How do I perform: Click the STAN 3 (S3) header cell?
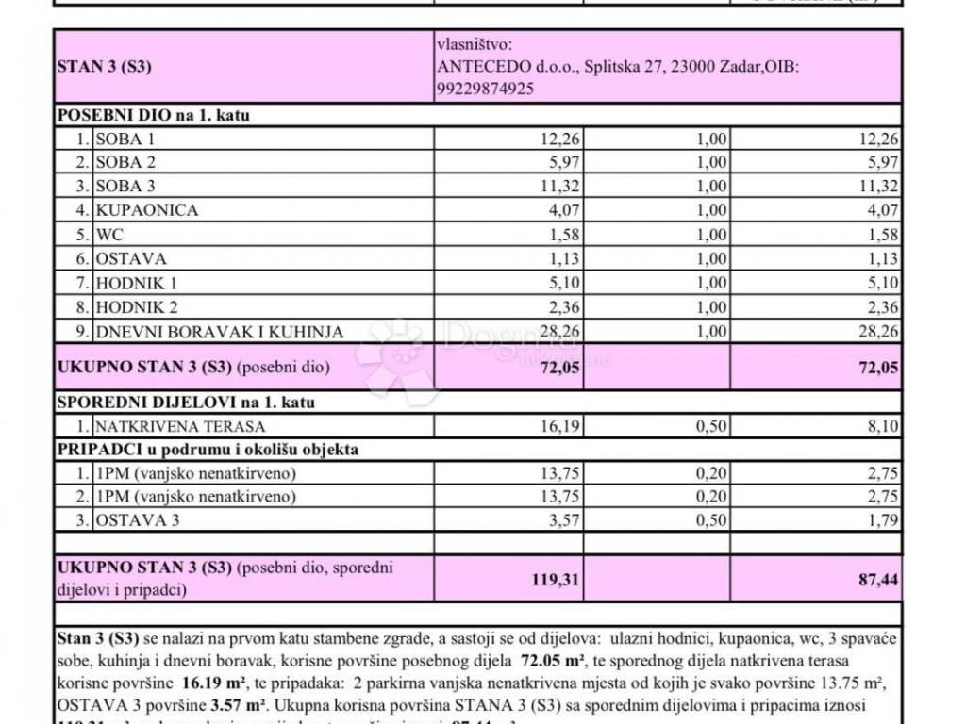(x=105, y=67)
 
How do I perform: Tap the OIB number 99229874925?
(x=486, y=89)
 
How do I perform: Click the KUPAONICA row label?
(x=146, y=210)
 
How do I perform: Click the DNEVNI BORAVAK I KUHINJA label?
(x=219, y=331)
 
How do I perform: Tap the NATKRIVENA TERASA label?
(x=180, y=427)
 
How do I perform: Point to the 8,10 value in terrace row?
(x=881, y=427)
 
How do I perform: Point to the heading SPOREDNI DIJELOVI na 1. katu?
(x=186, y=403)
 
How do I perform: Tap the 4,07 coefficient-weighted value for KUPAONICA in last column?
(x=882, y=210)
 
